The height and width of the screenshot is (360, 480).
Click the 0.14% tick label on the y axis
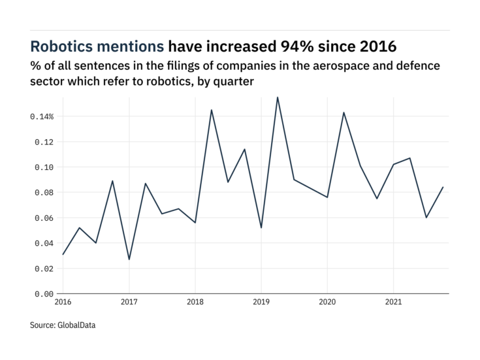[40, 116]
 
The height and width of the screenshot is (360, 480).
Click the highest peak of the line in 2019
[278, 97]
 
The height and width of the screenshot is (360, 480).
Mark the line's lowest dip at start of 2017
[129, 259]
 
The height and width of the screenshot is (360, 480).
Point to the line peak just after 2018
[212, 110]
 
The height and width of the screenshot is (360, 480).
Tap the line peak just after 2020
[344, 112]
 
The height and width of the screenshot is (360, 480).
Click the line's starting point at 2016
[63, 254]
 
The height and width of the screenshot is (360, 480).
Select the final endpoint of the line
[443, 188]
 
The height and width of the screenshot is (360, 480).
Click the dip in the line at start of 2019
[261, 227]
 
